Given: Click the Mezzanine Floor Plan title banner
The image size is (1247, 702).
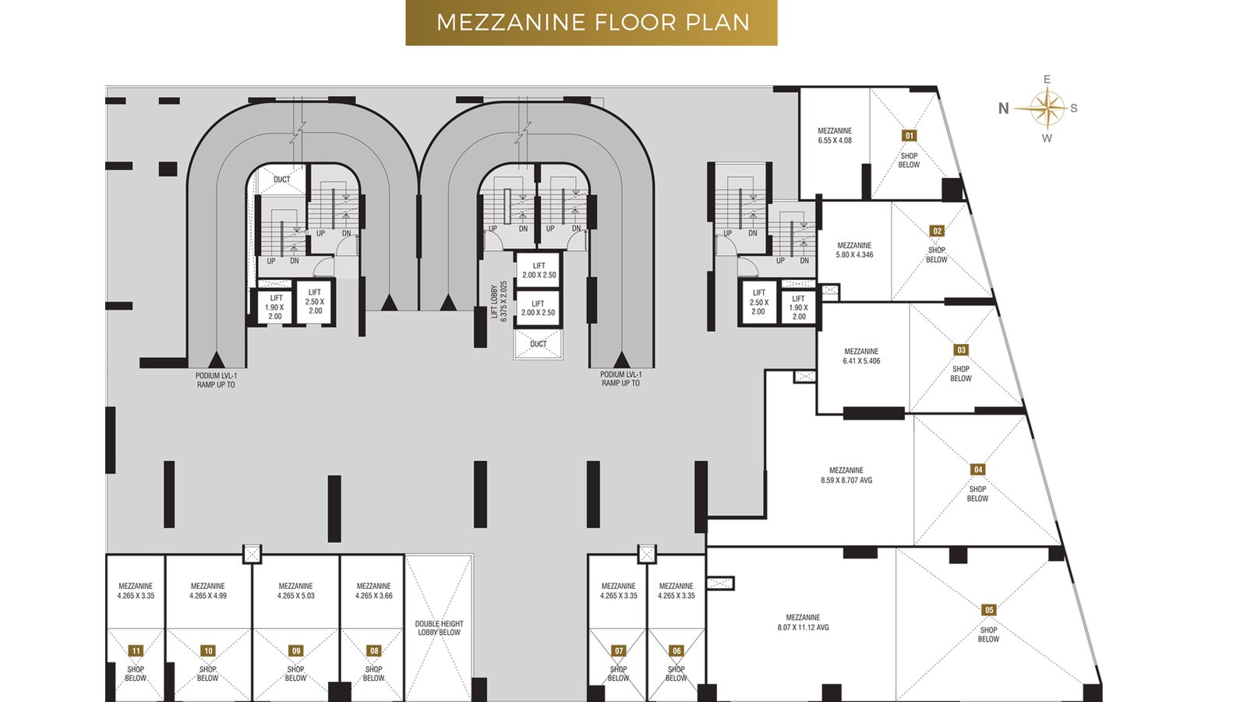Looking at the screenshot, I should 591,23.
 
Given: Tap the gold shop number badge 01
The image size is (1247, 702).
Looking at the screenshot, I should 909,136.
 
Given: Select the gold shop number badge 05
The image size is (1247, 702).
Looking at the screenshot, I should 989,610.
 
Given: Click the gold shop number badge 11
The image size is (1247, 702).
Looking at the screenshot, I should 136,651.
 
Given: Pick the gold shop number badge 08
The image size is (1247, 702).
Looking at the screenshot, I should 374,651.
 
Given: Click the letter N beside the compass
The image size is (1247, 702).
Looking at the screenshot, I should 1004,108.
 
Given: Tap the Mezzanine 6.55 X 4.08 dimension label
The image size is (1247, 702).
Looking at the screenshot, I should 835,136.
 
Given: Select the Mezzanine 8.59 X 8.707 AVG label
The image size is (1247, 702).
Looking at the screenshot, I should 846,475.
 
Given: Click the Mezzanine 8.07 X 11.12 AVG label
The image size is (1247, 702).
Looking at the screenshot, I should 803,622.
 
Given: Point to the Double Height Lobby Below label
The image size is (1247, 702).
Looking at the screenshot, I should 439,628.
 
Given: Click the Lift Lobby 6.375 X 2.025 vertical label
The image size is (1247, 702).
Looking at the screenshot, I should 499,302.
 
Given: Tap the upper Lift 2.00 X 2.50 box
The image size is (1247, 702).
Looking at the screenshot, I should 539,270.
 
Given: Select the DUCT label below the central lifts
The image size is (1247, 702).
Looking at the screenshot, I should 539,344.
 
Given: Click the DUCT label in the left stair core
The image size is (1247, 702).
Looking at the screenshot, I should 281,179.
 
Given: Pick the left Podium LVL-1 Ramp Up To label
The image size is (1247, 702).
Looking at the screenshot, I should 216,380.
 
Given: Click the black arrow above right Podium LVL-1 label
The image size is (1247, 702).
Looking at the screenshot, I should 621,359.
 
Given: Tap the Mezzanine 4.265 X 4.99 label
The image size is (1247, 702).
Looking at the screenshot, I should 208,590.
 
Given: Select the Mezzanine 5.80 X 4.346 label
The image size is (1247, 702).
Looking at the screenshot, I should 854,250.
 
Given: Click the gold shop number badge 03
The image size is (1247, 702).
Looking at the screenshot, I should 961,350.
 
